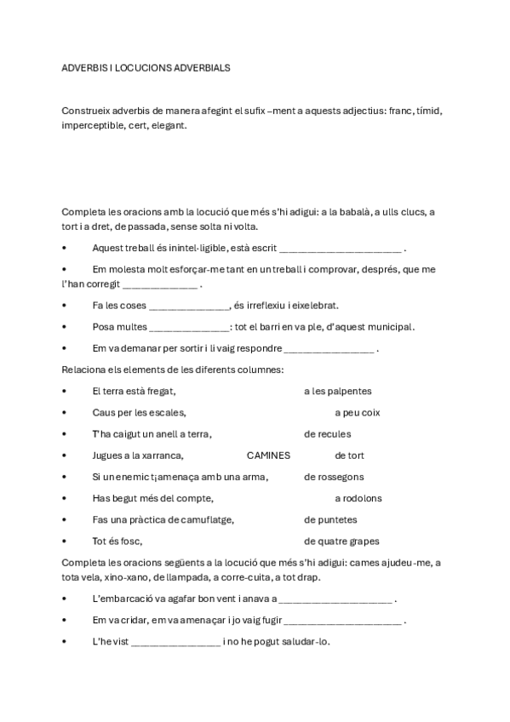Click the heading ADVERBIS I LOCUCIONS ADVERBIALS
point(146,66)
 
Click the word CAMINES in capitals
point(268,456)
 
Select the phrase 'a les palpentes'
point(338,392)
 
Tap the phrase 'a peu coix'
point(357,413)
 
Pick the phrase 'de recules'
point(327,434)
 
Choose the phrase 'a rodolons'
point(358,498)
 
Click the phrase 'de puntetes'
point(330,519)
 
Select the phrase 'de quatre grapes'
point(341,541)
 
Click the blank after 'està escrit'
point(340,249)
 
